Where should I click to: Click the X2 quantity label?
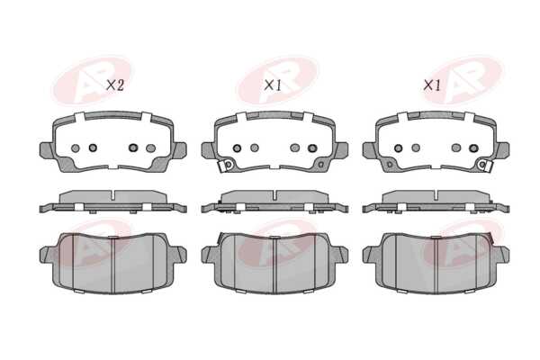[x=114, y=85]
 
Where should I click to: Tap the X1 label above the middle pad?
[x=273, y=85]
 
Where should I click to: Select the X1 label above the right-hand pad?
[x=432, y=85]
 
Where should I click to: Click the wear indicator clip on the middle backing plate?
[x=226, y=165]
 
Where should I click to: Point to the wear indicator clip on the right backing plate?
[x=484, y=165]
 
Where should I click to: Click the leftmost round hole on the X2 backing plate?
[x=75, y=148]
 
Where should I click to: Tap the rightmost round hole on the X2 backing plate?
[x=150, y=148]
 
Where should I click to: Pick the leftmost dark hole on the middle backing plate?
[x=237, y=148]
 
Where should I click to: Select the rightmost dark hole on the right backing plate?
[x=473, y=148]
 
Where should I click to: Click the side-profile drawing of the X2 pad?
[x=113, y=202]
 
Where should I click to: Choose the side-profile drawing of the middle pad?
[x=274, y=202]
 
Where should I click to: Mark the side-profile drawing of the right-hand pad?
[x=436, y=202]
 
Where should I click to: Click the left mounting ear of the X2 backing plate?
[x=47, y=150]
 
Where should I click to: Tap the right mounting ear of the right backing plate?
[x=502, y=150]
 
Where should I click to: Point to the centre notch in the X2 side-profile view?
[x=113, y=194]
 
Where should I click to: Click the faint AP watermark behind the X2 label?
[x=93, y=81]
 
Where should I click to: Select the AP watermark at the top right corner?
[x=463, y=80]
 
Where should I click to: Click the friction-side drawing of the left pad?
[x=113, y=264]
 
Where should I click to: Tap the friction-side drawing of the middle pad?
[x=274, y=264]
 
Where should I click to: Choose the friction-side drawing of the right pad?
[x=436, y=264]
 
